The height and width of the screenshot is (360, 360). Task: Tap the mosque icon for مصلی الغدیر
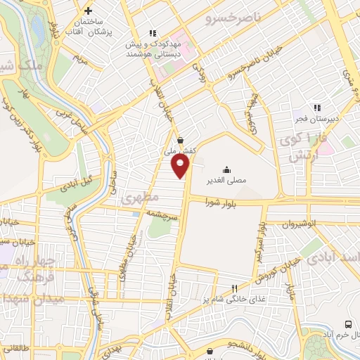click(226, 169)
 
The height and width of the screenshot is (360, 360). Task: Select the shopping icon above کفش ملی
click(181, 140)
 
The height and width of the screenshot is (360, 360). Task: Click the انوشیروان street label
click(297, 224)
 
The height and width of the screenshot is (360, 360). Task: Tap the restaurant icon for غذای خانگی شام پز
click(235, 288)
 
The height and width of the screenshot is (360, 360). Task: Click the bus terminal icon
click(348, 324)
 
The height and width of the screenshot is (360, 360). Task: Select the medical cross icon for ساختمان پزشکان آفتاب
click(88, 11)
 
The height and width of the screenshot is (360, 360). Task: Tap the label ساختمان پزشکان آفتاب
click(91, 27)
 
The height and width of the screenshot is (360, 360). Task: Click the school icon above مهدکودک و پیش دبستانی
click(152, 32)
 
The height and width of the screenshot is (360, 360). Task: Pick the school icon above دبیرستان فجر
click(316, 108)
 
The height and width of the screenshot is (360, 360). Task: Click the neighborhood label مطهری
click(136, 199)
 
